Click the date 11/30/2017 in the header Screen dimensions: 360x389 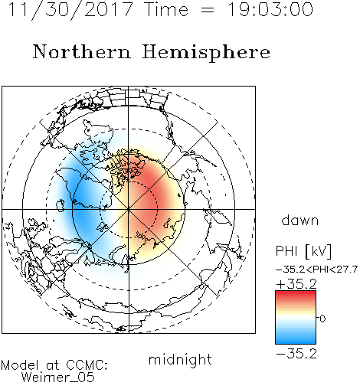(70, 10)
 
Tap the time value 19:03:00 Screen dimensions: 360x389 (270, 9)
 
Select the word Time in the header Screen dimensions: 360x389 (166, 9)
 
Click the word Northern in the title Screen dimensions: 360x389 (82, 52)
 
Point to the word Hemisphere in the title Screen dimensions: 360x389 (206, 53)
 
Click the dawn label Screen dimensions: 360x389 (300, 220)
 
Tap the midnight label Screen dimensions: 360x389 (180, 359)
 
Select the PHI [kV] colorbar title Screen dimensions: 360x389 (303, 251)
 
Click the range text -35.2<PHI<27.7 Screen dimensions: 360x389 (316, 270)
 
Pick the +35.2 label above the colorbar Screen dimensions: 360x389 (296, 284)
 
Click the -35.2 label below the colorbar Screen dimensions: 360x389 (296, 354)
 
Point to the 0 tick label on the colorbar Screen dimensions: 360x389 (322, 319)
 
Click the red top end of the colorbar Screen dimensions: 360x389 (296, 293)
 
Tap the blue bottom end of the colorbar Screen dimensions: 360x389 (296, 342)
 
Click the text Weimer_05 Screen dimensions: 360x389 (58, 377)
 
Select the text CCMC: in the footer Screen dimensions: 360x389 (87, 365)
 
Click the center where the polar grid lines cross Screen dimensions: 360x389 (129, 209)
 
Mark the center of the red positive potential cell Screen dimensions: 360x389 (151, 201)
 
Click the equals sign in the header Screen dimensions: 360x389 (208, 10)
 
